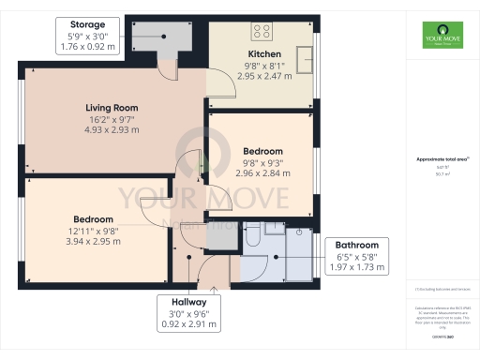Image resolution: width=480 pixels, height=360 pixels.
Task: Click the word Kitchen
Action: tap(263, 54)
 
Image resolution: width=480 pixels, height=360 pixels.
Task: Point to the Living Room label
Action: tap(113, 107)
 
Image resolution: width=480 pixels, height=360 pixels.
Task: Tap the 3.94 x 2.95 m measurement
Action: tap(90, 241)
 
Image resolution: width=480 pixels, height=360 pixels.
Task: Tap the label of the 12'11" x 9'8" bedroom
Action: tap(90, 217)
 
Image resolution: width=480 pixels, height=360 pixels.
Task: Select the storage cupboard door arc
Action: tap(166, 68)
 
